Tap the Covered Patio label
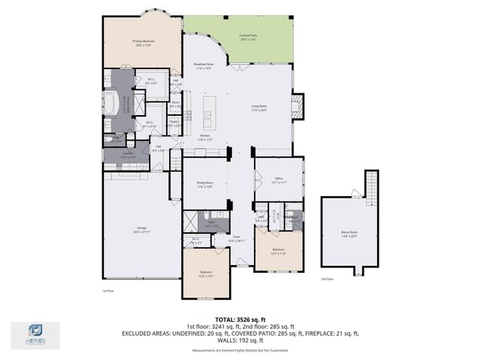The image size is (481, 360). coord(248,37)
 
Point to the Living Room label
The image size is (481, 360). coord(259,107)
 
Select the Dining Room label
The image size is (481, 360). coord(204,184)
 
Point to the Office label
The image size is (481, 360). coord(277,180)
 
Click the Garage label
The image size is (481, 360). coord(141,229)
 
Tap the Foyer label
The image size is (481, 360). coord(236,238)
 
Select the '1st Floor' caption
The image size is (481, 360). coord(107,291)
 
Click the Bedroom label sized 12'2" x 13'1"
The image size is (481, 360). coord(204,274)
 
